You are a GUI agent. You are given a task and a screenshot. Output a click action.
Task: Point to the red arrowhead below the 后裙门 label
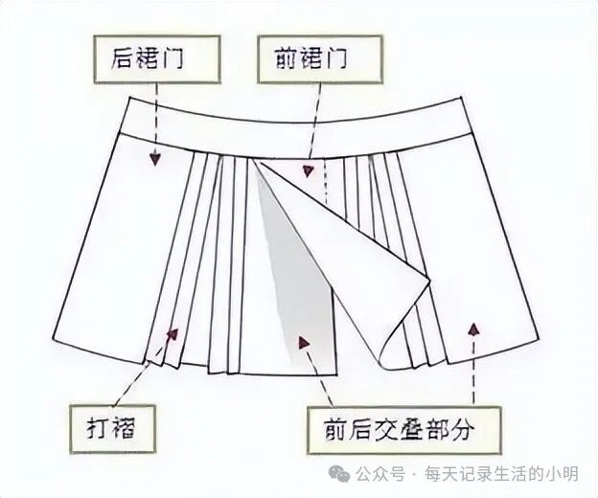153,160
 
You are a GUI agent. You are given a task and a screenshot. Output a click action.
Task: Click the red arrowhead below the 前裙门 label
308,171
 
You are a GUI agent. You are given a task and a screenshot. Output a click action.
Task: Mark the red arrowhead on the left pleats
172,333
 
